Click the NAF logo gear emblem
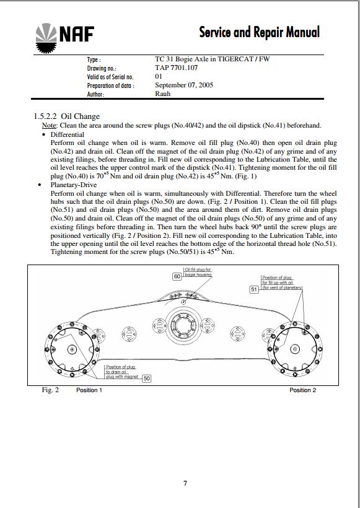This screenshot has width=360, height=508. [x=46, y=38]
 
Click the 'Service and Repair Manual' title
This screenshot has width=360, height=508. [x=259, y=32]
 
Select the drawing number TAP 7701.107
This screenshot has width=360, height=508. [x=176, y=68]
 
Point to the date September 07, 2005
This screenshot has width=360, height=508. [x=184, y=85]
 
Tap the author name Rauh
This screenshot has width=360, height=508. [x=163, y=94]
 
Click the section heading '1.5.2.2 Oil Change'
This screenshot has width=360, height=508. [x=67, y=116]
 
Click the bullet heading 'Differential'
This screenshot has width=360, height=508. [x=67, y=134]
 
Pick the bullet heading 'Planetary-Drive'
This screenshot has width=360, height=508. [x=74, y=185]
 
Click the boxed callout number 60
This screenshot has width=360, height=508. [x=177, y=276]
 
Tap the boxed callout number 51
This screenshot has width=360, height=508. [x=254, y=289]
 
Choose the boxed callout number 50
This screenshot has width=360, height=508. [x=147, y=379]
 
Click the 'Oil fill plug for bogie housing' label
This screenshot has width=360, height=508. [x=198, y=272]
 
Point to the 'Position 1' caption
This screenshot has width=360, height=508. [x=89, y=390]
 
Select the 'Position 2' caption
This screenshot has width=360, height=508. [x=302, y=390]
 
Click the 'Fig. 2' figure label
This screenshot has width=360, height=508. [x=50, y=390]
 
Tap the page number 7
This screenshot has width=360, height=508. [x=185, y=483]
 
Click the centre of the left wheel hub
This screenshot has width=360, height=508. [x=72, y=349]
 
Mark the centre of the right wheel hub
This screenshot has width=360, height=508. [x=295, y=349]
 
